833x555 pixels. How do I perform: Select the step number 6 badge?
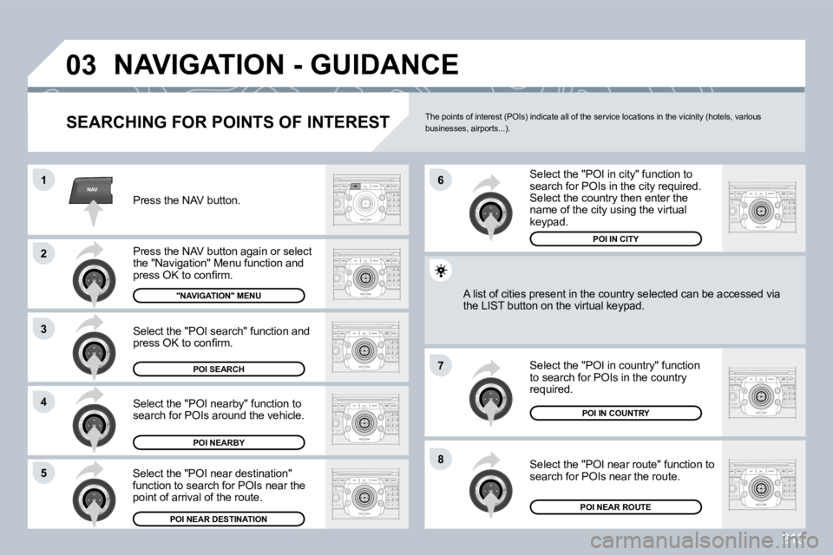[x=440, y=180]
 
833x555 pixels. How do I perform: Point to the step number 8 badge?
[x=440, y=459]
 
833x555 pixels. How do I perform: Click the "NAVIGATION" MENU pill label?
[x=219, y=296]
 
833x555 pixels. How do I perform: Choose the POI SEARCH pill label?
[x=219, y=369]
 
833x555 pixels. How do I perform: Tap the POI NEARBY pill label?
[x=219, y=442]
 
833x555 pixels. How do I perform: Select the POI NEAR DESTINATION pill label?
[x=219, y=519]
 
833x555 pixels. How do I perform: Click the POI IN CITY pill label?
[x=615, y=238]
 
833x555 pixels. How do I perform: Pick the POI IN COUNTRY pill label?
[x=615, y=414]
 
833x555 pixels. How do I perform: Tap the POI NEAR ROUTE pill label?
[x=615, y=506]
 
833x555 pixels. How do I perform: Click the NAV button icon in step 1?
[x=91, y=191]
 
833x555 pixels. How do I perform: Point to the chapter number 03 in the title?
[x=83, y=65]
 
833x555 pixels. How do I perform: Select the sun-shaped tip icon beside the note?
[x=442, y=271]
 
